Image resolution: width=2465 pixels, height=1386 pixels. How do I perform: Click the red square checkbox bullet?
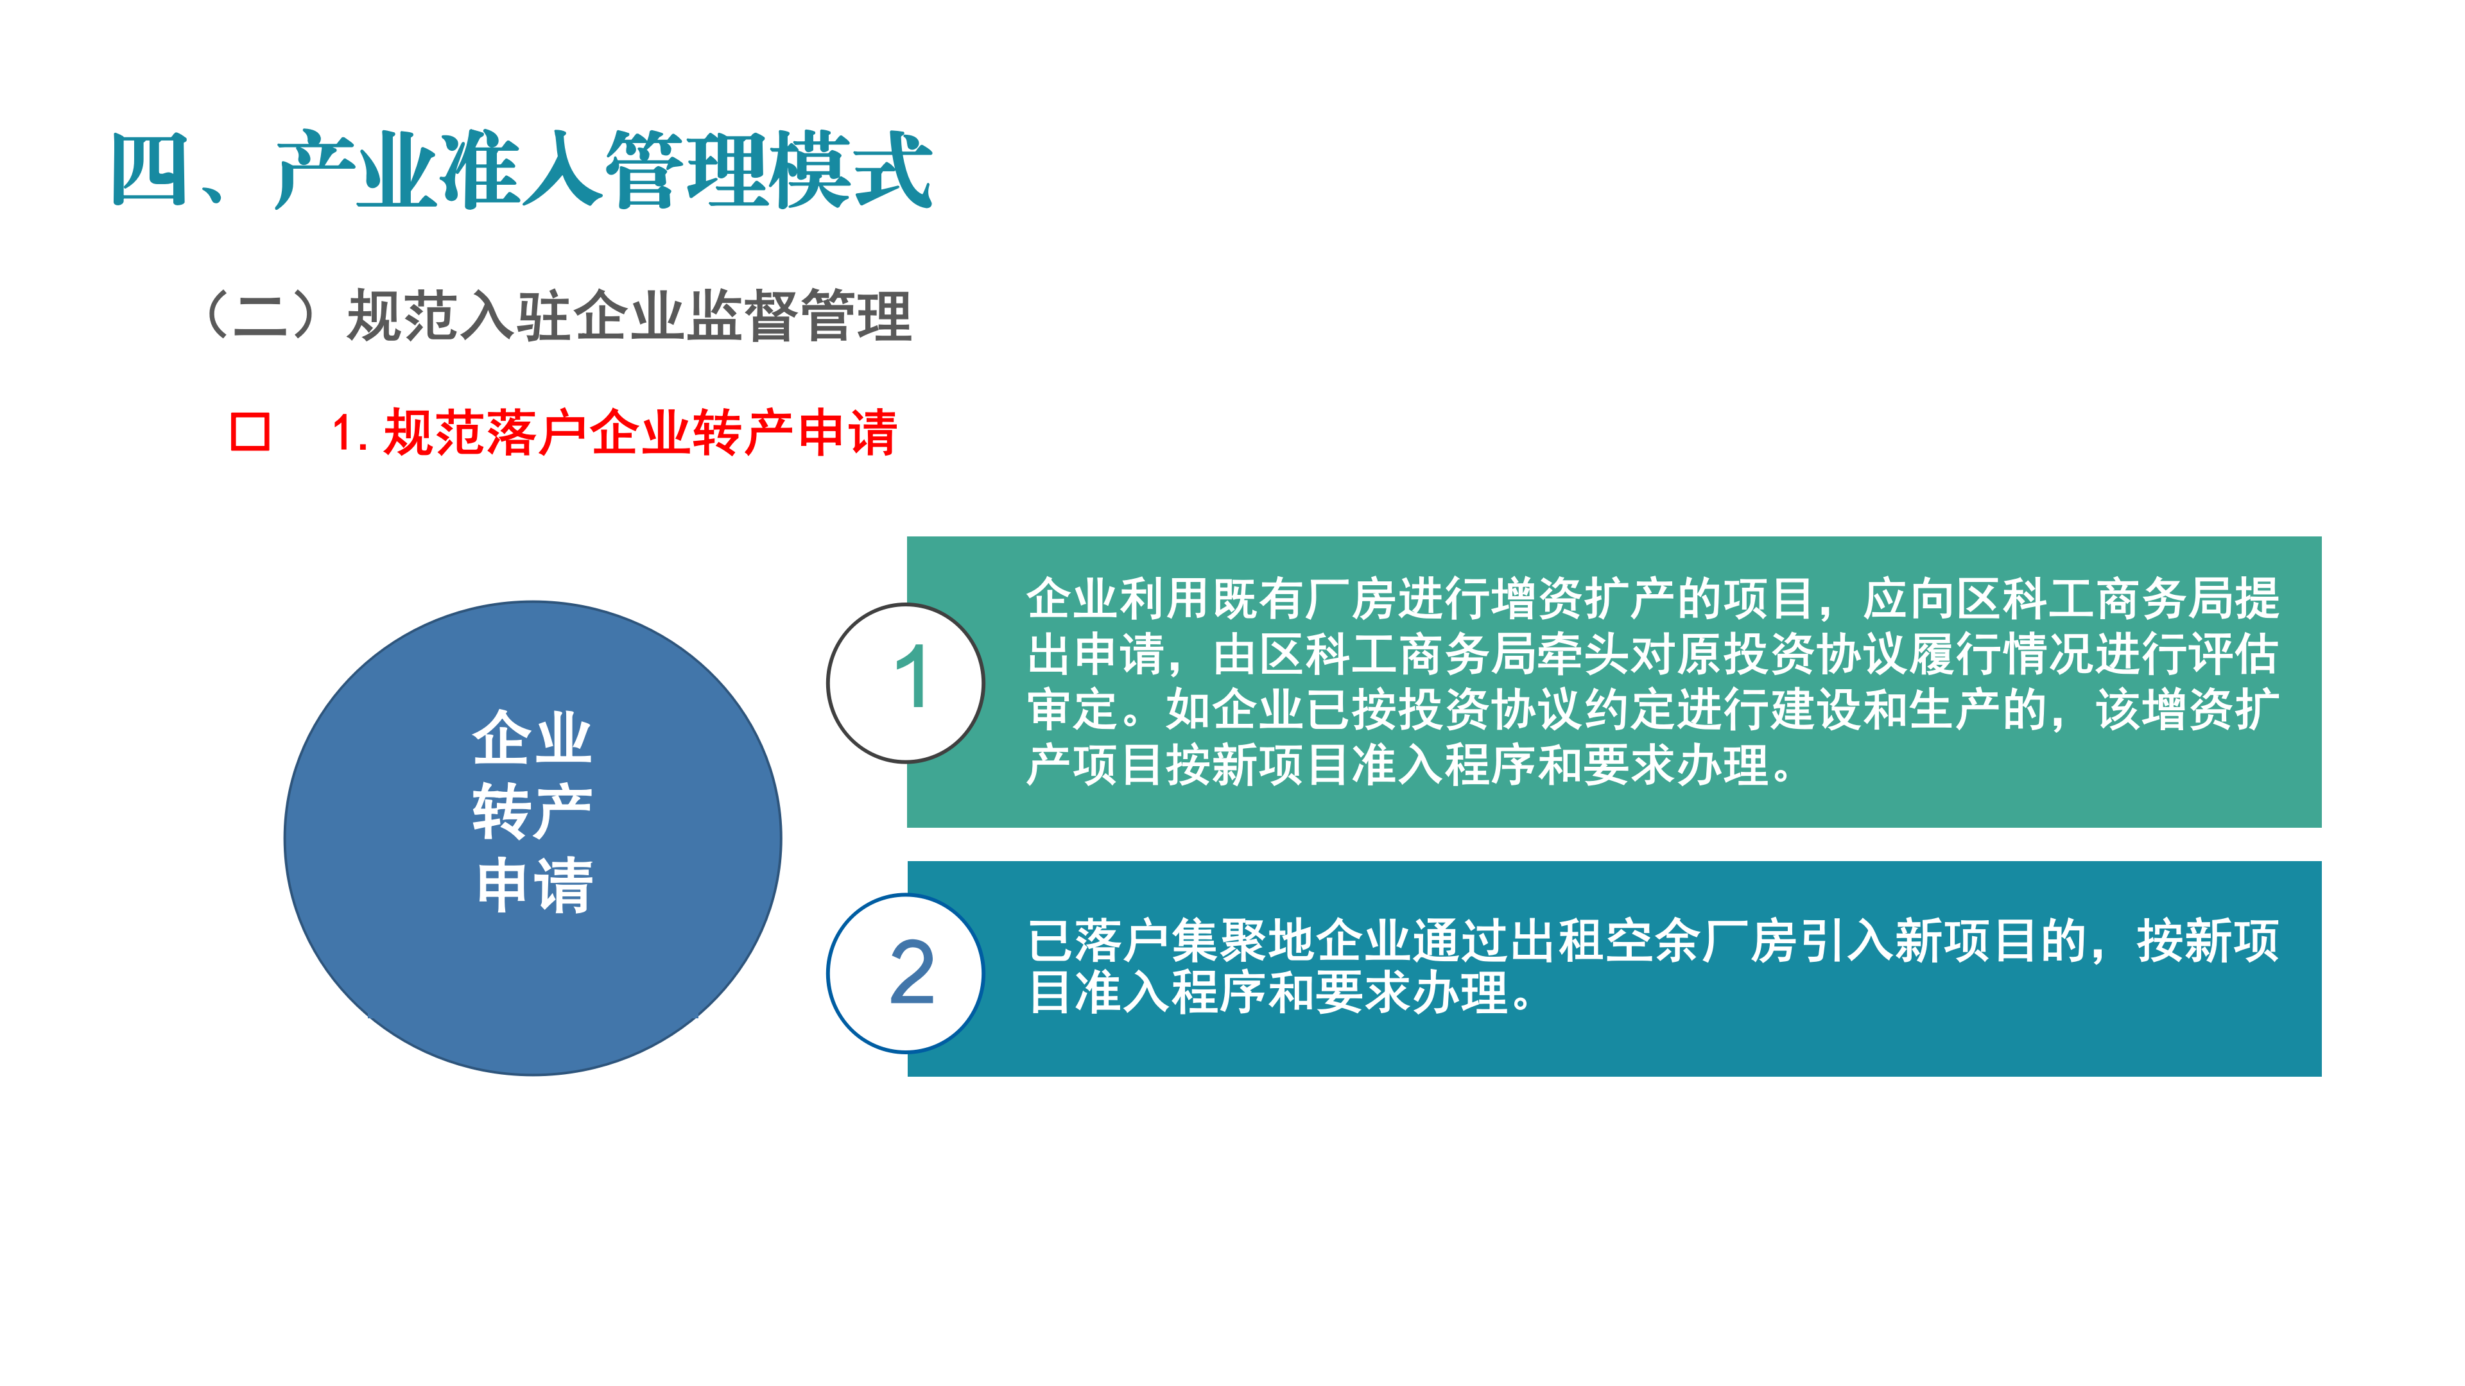(250, 432)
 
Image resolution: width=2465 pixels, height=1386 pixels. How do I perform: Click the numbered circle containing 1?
(905, 683)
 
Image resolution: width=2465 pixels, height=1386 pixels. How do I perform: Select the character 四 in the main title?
(148, 170)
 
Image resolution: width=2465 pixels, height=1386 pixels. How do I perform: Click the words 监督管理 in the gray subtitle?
(799, 316)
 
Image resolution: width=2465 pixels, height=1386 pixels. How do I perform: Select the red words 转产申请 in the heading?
(794, 432)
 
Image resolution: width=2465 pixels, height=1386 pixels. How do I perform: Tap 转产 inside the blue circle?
(532, 811)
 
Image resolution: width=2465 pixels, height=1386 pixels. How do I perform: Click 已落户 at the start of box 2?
(1098, 941)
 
